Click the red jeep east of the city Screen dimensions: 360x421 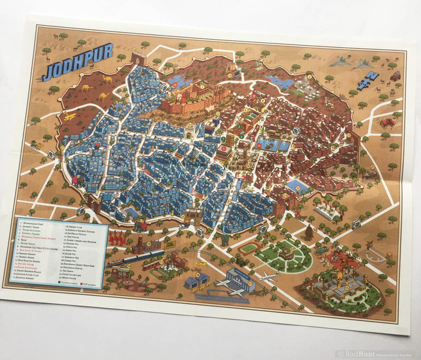pyautogui.click(x=387, y=123)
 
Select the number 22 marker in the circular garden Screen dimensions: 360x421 pyautogui.click(x=293, y=249)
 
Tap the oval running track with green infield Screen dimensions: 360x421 pyautogui.click(x=248, y=248)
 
